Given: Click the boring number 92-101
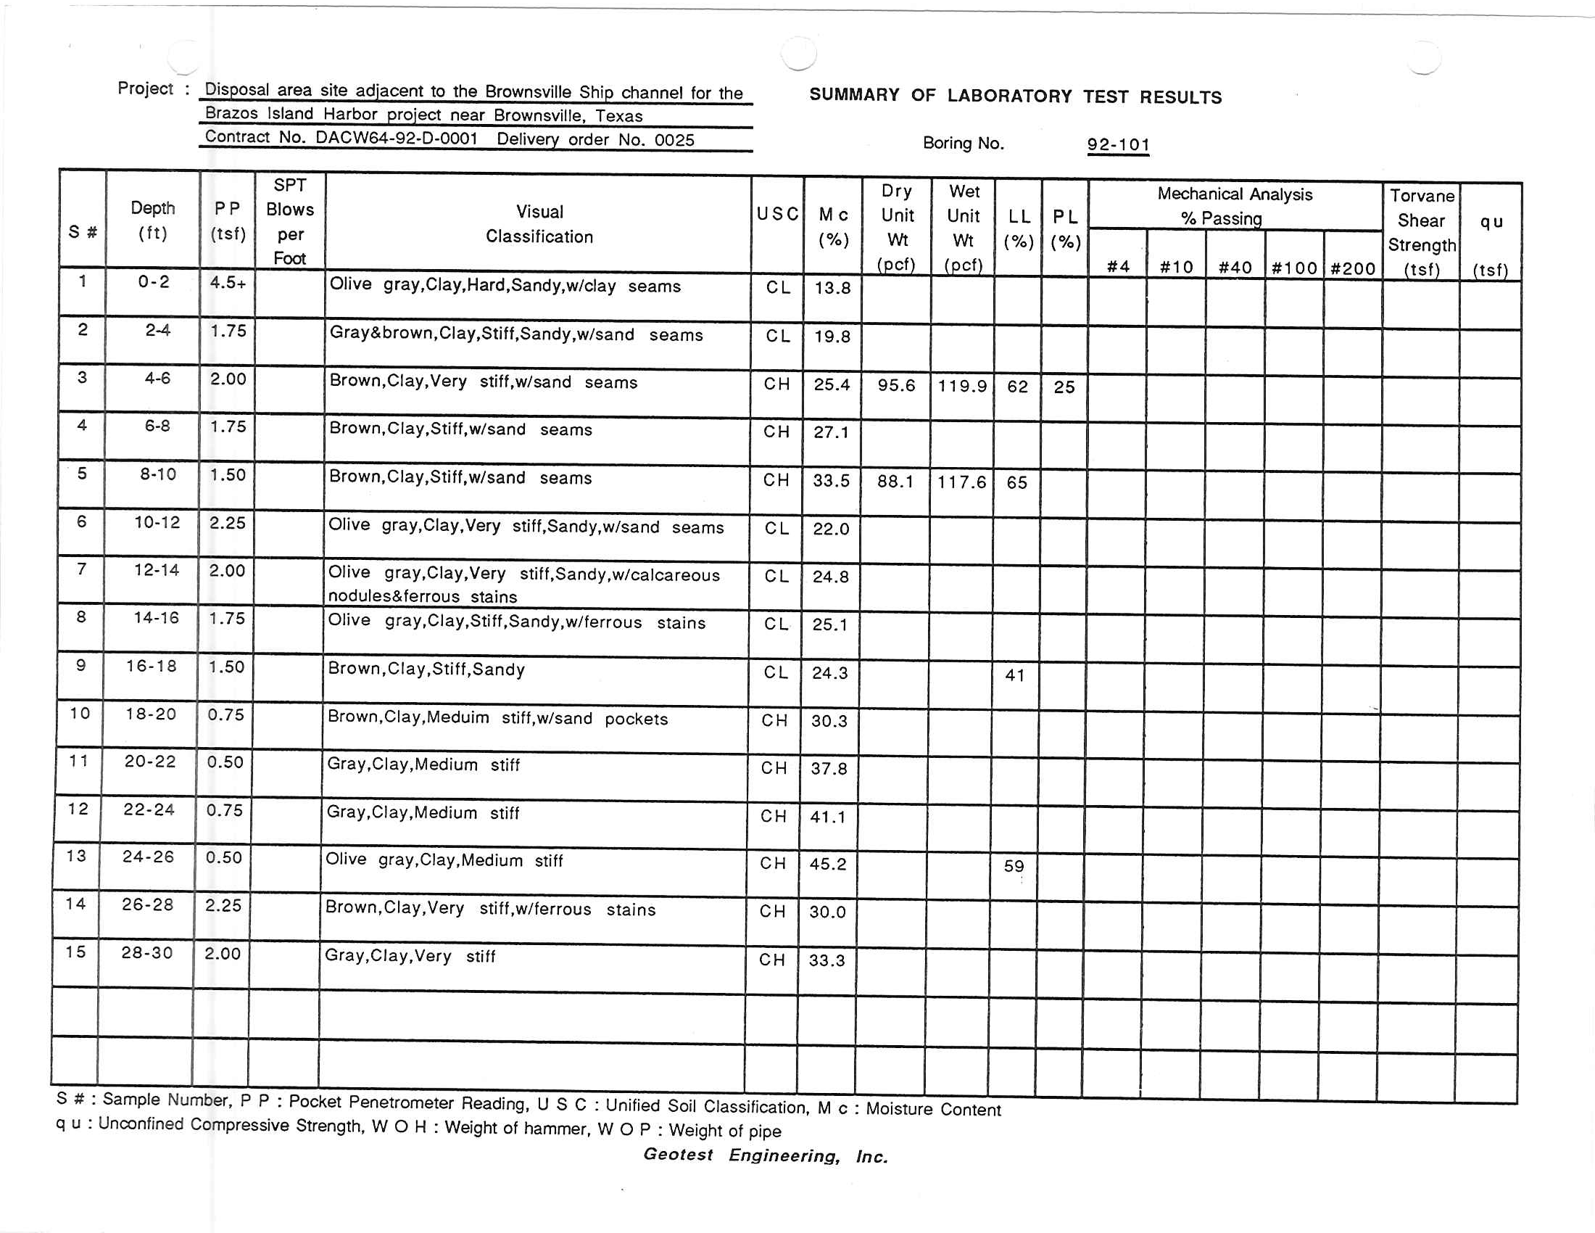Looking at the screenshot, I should (1118, 144).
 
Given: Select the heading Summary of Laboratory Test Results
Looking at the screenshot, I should (1015, 96).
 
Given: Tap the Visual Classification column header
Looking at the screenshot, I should (539, 224).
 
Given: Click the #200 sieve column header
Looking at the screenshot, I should (1353, 268).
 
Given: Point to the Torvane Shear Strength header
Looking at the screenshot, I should (1421, 232).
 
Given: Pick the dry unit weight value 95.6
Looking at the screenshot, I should (896, 385).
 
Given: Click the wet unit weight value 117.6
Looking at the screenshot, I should (962, 482).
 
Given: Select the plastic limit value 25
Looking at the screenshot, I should (1064, 387).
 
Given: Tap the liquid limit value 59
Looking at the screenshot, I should (1014, 866).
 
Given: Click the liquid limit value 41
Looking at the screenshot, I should (1014, 676).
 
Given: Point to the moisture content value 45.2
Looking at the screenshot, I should (827, 864).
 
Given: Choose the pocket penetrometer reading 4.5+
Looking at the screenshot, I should (228, 283).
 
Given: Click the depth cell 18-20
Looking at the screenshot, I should (152, 714).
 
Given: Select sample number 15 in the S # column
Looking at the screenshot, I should (75, 952).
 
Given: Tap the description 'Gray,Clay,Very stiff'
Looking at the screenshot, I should (410, 956).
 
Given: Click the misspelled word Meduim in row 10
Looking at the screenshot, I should (458, 717).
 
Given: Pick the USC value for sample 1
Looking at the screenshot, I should (778, 287).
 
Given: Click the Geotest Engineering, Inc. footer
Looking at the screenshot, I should (766, 1155).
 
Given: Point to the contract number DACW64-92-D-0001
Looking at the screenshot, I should (397, 138).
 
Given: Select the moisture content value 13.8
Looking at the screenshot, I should (832, 288).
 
